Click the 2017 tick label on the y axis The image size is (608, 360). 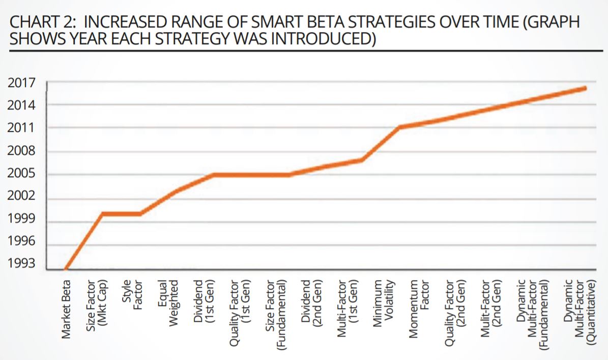(x=21, y=82)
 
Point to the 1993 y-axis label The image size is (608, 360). (x=21, y=264)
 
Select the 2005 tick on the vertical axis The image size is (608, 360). (x=21, y=174)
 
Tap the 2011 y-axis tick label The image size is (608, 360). (x=21, y=127)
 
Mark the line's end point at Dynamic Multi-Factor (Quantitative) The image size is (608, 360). (x=585, y=88)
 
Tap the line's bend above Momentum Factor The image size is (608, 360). (x=400, y=127)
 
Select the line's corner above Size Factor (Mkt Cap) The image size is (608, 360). (x=102, y=214)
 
